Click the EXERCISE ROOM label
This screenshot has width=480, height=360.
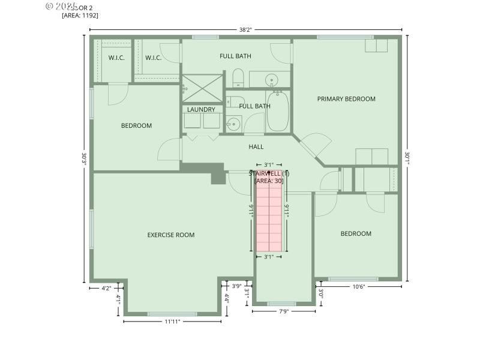(171, 235)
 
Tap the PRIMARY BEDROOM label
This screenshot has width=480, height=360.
(346, 99)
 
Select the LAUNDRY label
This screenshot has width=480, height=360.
(201, 110)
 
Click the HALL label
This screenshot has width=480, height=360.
(256, 146)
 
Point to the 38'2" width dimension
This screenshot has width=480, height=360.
(246, 29)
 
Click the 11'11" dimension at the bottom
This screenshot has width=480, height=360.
(172, 322)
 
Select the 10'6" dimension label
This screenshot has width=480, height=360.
(358, 287)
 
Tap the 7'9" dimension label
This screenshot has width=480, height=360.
(284, 311)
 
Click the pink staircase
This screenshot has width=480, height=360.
(269, 213)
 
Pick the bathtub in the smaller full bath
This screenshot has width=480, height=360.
(277, 112)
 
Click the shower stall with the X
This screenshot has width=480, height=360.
(202, 88)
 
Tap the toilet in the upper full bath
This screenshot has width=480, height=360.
(237, 78)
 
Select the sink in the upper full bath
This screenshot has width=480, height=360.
(271, 79)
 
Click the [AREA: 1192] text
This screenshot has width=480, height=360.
(80, 16)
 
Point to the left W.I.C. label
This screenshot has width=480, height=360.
(116, 58)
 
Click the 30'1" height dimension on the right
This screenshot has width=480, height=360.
(407, 157)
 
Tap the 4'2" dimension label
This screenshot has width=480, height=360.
(107, 288)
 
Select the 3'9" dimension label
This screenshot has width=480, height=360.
(236, 286)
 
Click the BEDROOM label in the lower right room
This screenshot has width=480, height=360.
(356, 234)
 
